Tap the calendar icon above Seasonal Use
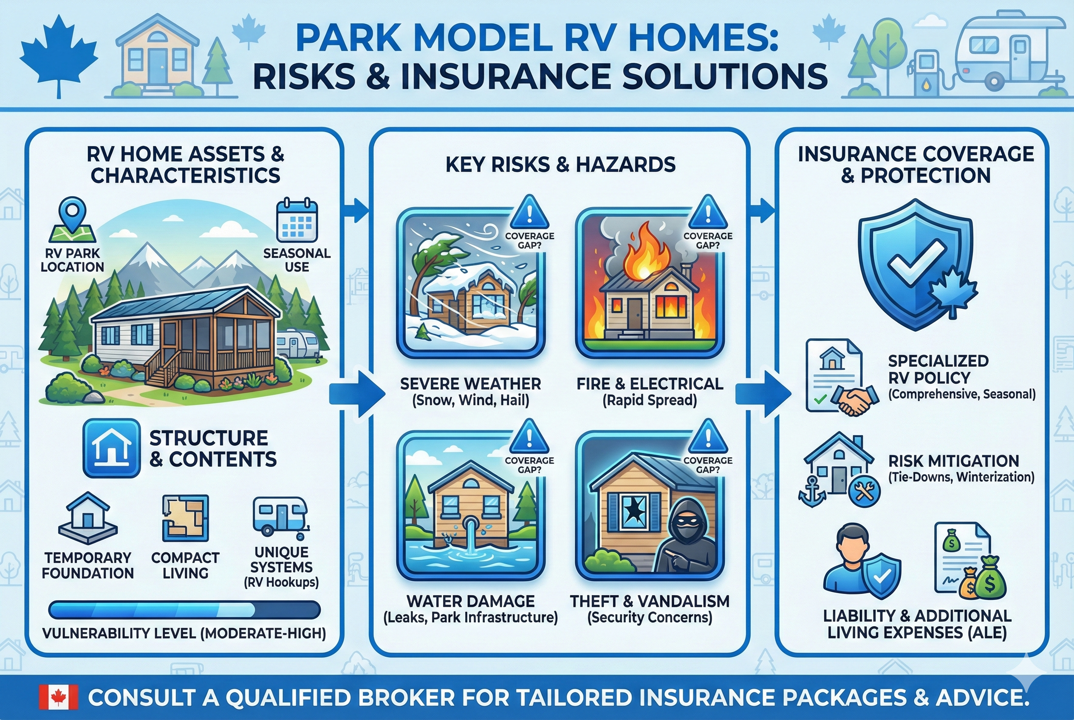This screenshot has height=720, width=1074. [297, 220]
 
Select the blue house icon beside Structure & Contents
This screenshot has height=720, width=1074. [112, 448]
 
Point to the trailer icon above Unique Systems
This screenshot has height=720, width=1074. [280, 517]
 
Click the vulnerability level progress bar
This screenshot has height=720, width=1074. [184, 610]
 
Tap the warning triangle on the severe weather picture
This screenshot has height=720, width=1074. [529, 211]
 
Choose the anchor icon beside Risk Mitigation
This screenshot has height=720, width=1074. [812, 490]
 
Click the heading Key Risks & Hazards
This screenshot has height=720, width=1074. [560, 164]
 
